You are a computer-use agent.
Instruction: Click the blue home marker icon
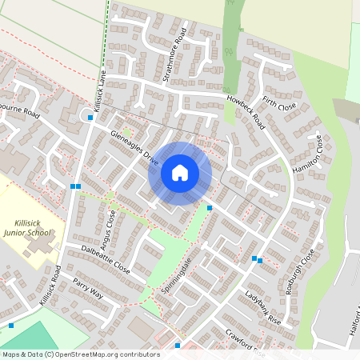pos(180,173)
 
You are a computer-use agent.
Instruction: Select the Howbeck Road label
pos(246,111)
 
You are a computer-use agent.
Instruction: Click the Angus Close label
pos(110,226)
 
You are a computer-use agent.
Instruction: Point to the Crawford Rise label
pos(244,342)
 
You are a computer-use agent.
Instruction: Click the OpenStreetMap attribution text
pos(81,354)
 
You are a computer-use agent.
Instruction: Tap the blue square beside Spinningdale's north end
pos(210,208)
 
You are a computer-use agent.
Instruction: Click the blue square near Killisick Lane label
pos(90,118)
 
